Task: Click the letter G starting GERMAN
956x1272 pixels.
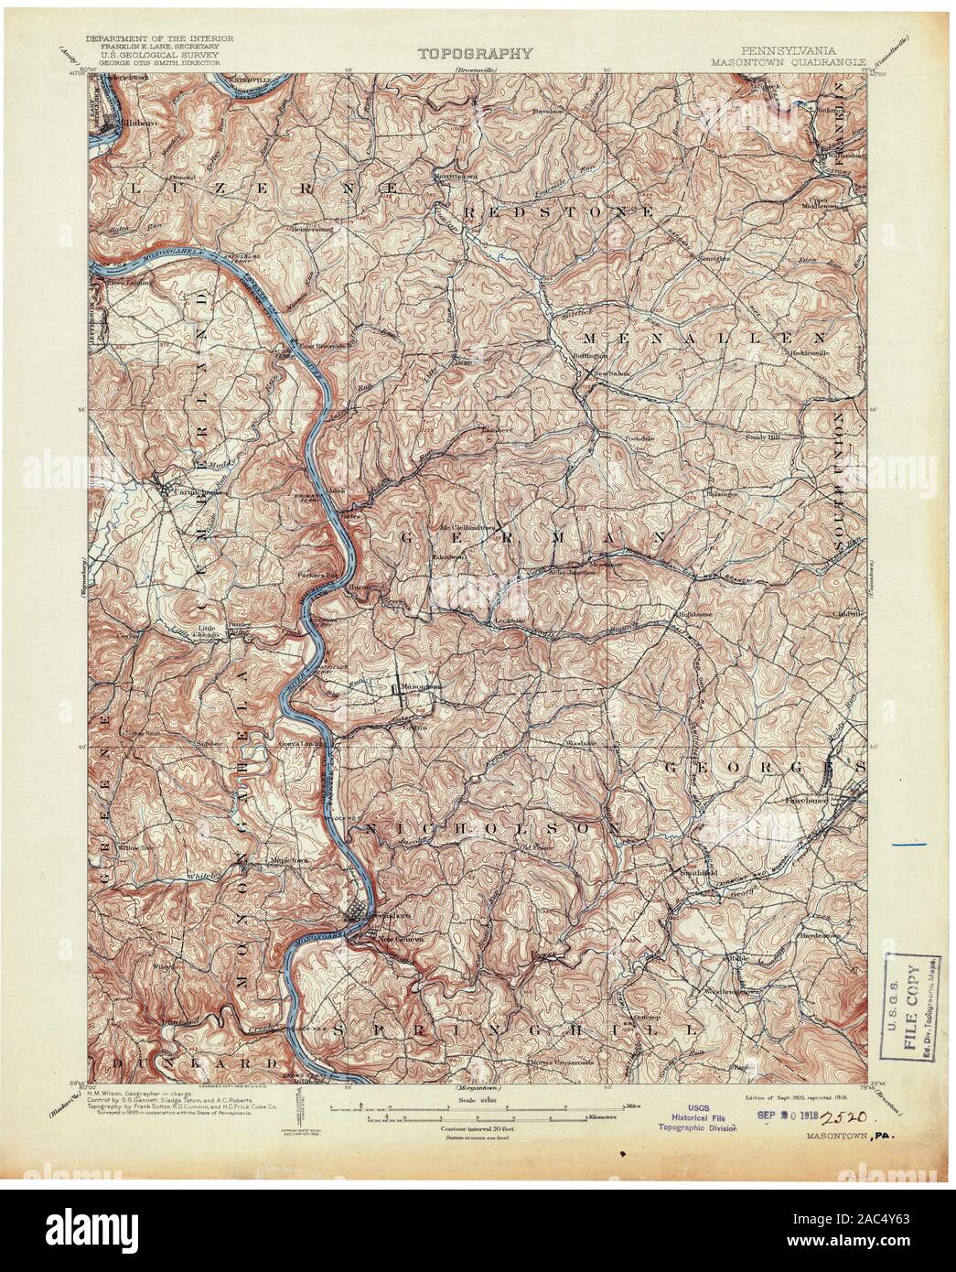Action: point(403,540)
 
